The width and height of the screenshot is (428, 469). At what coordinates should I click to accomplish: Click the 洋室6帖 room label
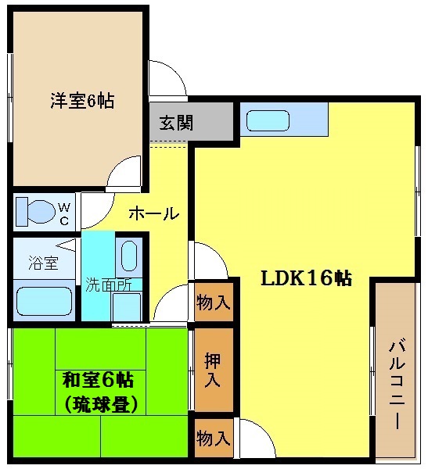82,101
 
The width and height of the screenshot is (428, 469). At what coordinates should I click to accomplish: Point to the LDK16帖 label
305,277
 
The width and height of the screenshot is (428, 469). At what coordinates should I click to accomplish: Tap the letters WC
65,213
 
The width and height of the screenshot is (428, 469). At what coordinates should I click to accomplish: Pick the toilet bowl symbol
34,211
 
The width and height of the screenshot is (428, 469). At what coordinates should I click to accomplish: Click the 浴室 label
42,262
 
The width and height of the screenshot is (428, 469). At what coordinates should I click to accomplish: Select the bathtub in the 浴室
44,302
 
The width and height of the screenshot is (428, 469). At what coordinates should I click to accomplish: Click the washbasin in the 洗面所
130,255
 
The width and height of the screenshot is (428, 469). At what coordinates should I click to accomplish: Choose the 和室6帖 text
97,381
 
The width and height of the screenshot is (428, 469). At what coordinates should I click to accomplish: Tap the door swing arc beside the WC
94,208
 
